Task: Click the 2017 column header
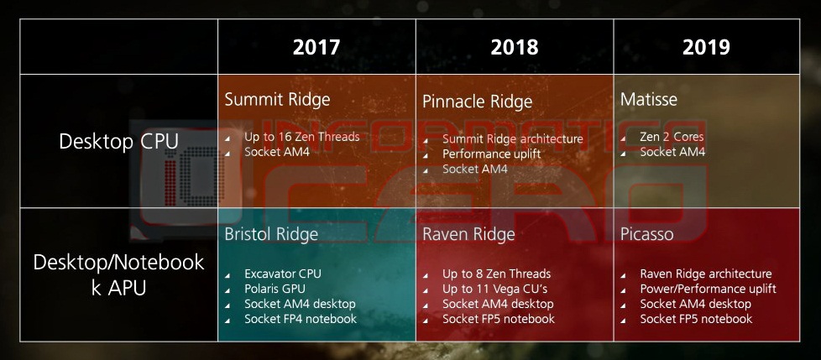tap(316, 47)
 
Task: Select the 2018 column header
tap(515, 47)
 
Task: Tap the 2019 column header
tap(706, 47)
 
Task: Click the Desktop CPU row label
tap(119, 141)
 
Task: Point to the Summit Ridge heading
tap(278, 99)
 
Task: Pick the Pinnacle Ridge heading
tap(478, 102)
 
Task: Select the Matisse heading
tap(649, 99)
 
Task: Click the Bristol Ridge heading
tap(271, 234)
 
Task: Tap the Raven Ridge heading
tap(468, 234)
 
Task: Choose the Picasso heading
tap(646, 234)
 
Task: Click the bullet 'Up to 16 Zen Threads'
tap(302, 137)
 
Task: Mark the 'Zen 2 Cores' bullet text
tap(672, 137)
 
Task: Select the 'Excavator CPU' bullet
tap(283, 274)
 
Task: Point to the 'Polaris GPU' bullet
tap(275, 289)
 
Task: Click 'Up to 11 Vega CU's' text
tap(495, 289)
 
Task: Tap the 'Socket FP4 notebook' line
tap(301, 319)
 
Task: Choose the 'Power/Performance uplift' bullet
tap(708, 289)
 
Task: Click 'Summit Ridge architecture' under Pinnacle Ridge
tap(513, 139)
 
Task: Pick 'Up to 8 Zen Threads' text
tap(496, 274)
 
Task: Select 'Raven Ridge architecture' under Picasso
tap(706, 274)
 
